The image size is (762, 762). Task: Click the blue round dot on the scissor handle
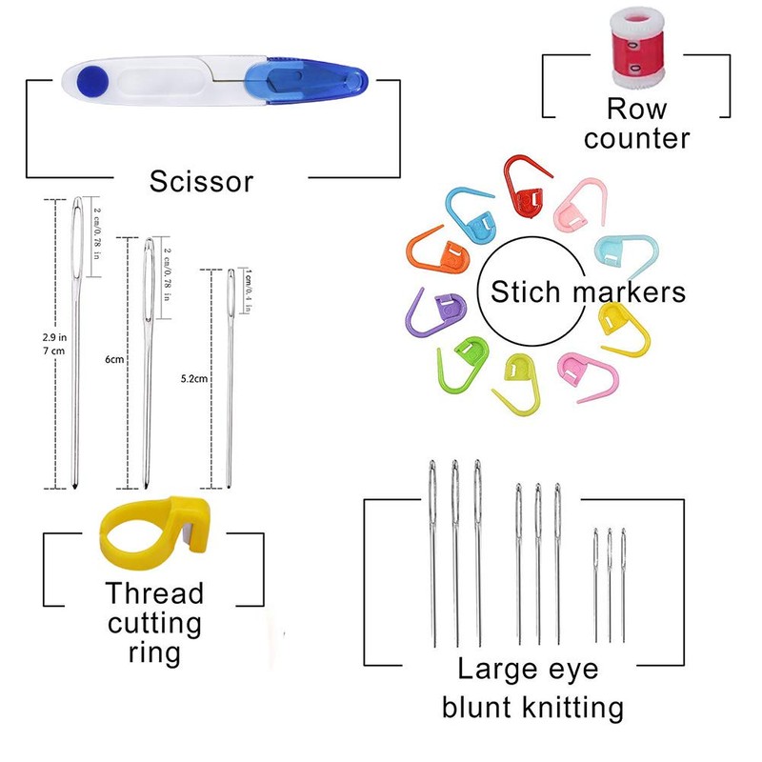pyautogui.click(x=92, y=80)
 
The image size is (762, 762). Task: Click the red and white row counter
pyautogui.click(x=636, y=48)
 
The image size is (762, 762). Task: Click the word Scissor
pyautogui.click(x=201, y=181)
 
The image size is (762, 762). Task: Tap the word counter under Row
pyautogui.click(x=636, y=139)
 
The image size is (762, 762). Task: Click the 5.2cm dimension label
pyautogui.click(x=194, y=378)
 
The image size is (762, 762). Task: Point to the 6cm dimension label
pyautogui.click(x=114, y=360)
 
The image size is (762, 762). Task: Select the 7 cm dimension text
pyautogui.click(x=53, y=351)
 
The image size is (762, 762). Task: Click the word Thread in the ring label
pyautogui.click(x=154, y=593)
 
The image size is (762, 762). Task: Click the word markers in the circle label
pyautogui.click(x=629, y=292)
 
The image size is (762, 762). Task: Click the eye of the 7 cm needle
pyautogui.click(x=77, y=236)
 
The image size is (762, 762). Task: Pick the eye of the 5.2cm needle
pyautogui.click(x=231, y=291)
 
